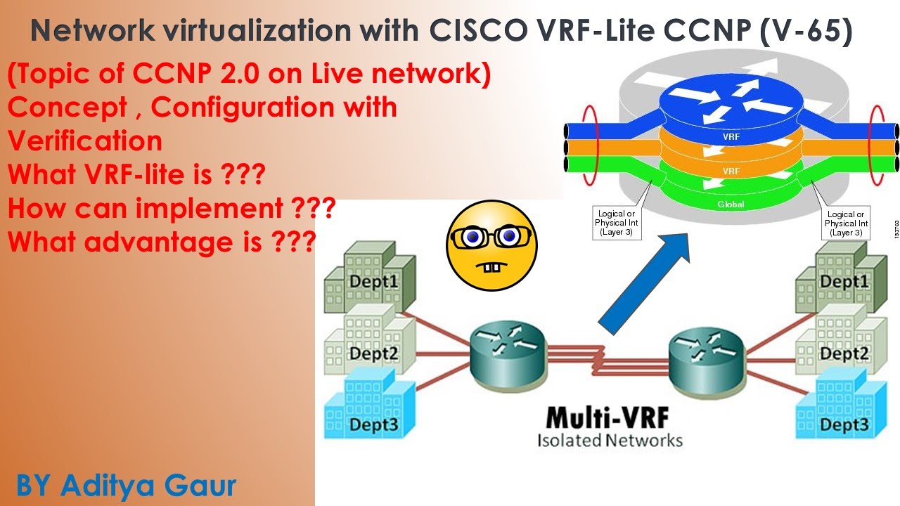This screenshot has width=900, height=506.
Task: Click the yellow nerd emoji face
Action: point(491,245)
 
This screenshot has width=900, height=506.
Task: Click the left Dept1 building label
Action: point(374,281)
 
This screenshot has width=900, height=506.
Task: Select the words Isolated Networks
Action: point(610,441)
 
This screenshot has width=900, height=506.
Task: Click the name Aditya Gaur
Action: point(148,485)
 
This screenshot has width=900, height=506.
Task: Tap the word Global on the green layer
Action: point(731,205)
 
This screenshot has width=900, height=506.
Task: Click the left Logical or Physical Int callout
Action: point(616,223)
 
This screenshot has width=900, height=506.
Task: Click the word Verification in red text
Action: point(85,141)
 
